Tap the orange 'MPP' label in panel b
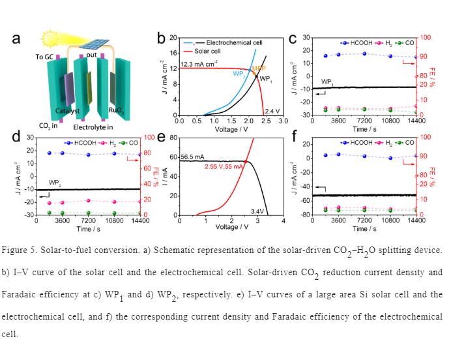pos(259,68)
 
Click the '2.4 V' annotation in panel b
pos(272,112)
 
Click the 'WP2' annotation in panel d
pos(56,183)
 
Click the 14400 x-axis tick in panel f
pos(416,220)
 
